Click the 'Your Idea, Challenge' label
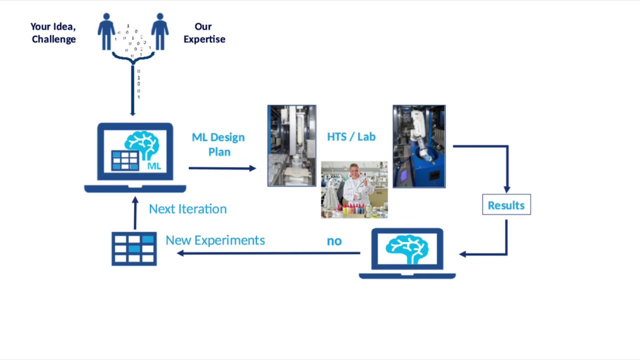point(54,33)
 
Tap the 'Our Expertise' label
point(204,33)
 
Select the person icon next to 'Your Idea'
point(106,32)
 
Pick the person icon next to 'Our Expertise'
point(160,32)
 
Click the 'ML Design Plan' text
point(218,144)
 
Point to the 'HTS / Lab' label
point(351,137)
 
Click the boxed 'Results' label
point(506,205)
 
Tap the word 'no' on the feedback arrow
point(334,241)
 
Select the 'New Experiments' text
point(215,240)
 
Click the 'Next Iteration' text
point(188,209)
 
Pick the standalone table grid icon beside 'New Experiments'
point(134,248)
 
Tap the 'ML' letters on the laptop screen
point(154,166)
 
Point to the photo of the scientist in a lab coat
point(354,190)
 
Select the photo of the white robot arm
point(419,146)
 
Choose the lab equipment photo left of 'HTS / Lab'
point(291,146)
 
